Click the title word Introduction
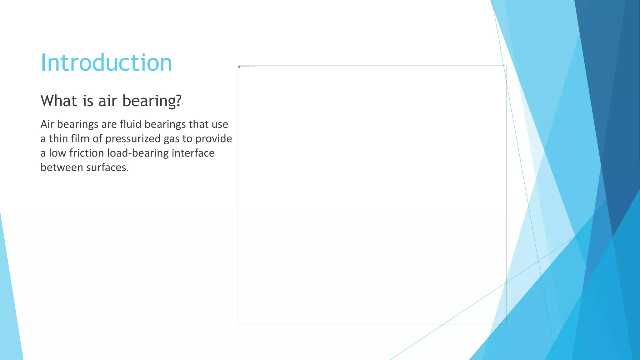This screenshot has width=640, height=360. [x=106, y=62]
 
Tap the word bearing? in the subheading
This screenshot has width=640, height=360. [x=152, y=101]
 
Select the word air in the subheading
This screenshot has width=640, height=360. [x=108, y=101]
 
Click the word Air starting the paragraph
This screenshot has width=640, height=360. [x=47, y=124]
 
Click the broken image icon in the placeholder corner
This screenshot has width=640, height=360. [x=239, y=67]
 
